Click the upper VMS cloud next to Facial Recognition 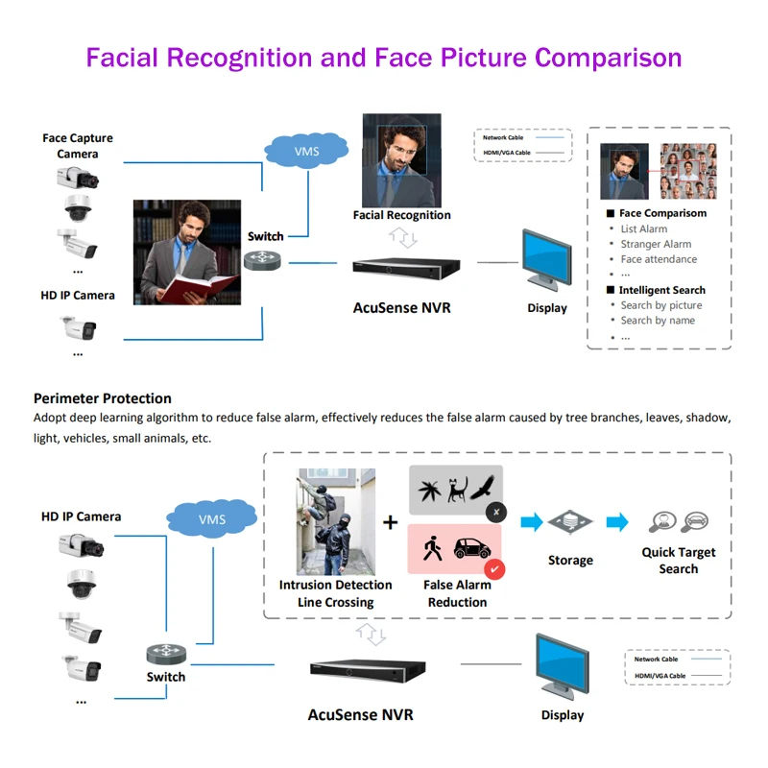click(x=306, y=151)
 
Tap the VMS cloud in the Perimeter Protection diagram click(x=211, y=519)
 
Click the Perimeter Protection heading click(x=103, y=398)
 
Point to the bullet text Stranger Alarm click(x=656, y=244)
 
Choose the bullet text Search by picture click(x=660, y=305)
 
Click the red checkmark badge click(x=495, y=570)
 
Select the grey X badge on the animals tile click(x=495, y=513)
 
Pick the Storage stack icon click(x=570, y=524)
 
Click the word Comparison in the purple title click(x=608, y=58)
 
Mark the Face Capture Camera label click(x=77, y=146)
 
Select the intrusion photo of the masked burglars click(x=336, y=521)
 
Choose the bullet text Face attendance click(x=659, y=259)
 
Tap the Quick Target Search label click(x=678, y=561)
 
